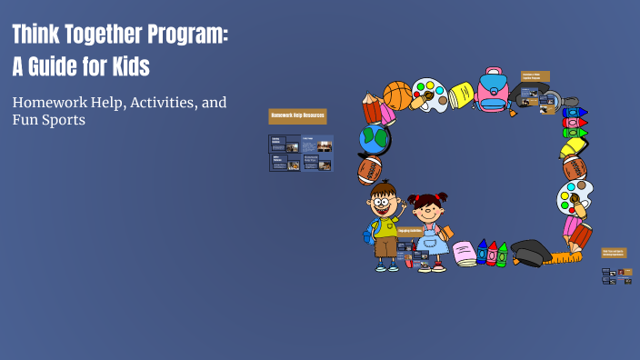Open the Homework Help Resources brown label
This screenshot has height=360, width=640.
tap(297, 116)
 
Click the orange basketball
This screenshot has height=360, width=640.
tap(397, 95)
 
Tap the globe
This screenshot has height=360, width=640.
tap(374, 139)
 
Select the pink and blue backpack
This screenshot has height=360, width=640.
tap(493, 91)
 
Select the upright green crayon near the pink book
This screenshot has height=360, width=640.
tap(502, 254)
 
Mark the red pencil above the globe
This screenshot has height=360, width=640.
tap(372, 108)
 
